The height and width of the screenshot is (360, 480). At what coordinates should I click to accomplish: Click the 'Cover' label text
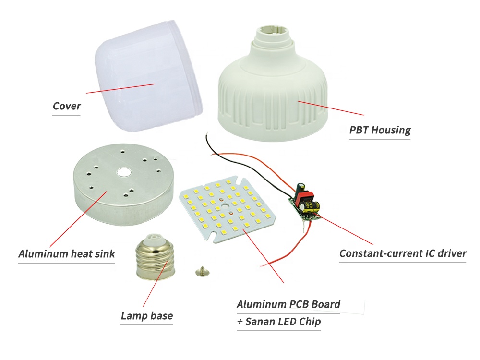click(x=67, y=106)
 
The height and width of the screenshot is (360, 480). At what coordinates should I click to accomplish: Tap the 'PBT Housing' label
click(x=380, y=130)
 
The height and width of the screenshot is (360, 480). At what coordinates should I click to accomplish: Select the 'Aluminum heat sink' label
click(x=67, y=253)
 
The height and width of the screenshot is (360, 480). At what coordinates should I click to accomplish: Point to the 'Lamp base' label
click(x=146, y=316)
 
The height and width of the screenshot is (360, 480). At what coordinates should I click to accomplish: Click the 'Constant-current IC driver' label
click(x=403, y=253)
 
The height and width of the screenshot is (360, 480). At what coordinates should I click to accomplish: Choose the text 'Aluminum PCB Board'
click(x=288, y=304)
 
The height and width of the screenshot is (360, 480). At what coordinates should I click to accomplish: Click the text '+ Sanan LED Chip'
click(x=278, y=322)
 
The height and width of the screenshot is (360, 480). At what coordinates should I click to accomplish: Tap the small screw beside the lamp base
click(x=201, y=272)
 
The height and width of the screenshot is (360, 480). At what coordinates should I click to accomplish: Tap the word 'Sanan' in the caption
click(x=263, y=322)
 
